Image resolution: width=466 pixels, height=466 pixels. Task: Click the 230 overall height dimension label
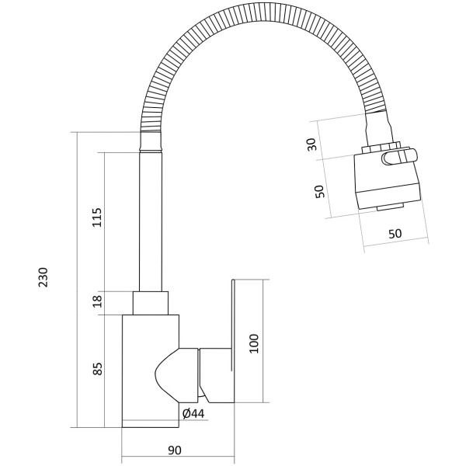pos(43,277)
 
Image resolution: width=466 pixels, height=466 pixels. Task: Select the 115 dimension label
pos(97,217)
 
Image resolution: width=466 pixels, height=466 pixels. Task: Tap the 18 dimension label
pos(97,301)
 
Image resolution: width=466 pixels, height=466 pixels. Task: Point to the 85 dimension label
pos(97,369)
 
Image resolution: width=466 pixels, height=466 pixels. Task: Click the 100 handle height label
pos(254,343)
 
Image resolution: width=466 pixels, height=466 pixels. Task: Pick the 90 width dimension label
pos(175,450)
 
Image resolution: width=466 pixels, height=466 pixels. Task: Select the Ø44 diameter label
pos(193,413)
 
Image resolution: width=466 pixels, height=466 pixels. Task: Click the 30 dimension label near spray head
pos(312,144)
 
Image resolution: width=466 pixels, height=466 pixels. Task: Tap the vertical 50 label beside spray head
pos(319,192)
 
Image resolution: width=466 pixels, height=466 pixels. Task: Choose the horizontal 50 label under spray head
pos(395,234)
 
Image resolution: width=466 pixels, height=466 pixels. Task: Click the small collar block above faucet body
pos(151,303)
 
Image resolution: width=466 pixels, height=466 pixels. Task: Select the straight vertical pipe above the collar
pos(151,221)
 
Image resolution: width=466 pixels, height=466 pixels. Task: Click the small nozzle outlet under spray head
pos(390,207)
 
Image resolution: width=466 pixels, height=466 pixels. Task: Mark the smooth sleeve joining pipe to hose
pos(151,142)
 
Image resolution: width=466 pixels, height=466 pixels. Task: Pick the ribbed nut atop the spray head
pos(381,148)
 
